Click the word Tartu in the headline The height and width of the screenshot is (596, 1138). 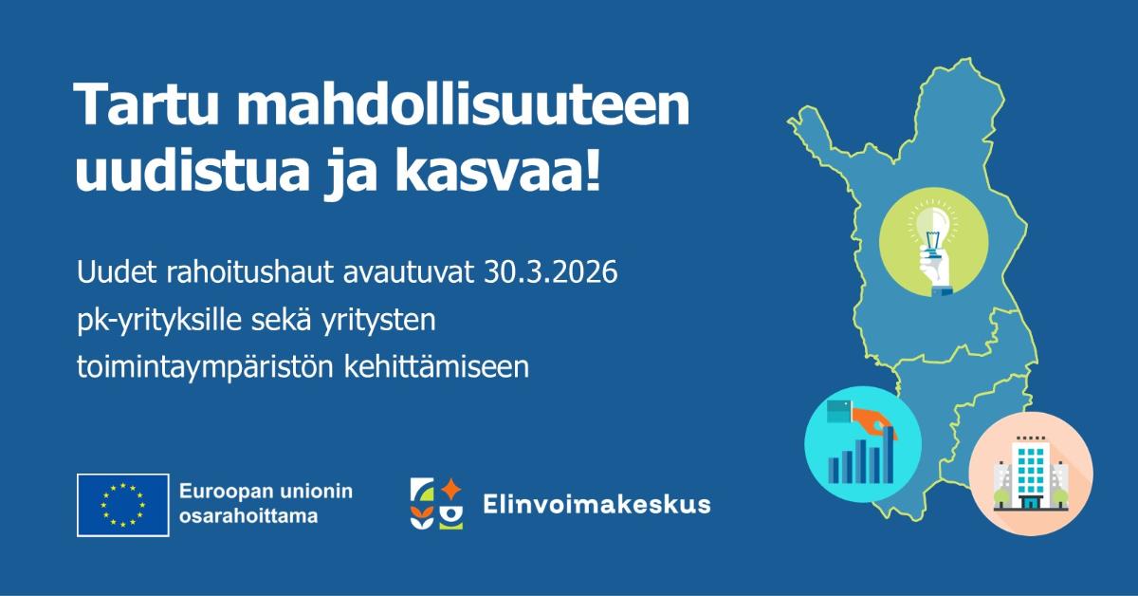[142, 107]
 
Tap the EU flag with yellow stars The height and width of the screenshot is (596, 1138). [123, 504]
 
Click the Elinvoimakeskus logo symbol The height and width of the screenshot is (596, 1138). [436, 504]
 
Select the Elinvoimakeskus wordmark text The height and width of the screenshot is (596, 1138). [596, 504]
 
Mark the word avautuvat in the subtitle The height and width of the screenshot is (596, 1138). [413, 274]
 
